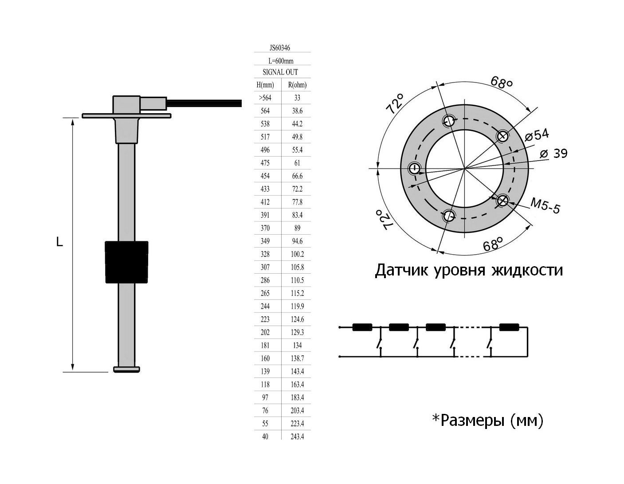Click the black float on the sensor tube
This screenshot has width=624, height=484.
126,262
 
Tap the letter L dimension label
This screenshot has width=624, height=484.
59,242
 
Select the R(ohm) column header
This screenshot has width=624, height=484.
297,85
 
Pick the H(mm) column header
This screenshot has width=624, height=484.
265,85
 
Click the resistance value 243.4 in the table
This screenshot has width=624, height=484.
297,437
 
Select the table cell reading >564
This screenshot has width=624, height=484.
265,98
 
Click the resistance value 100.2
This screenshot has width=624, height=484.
297,254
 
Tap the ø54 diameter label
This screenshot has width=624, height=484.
537,134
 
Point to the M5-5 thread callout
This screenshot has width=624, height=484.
546,206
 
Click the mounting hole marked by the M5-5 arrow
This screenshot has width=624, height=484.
502,201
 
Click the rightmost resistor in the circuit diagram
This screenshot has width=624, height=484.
509,328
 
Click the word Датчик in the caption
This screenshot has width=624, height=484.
401,270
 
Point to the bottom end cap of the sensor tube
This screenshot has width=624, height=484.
127,369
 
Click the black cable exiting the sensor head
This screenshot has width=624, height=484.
204,103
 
